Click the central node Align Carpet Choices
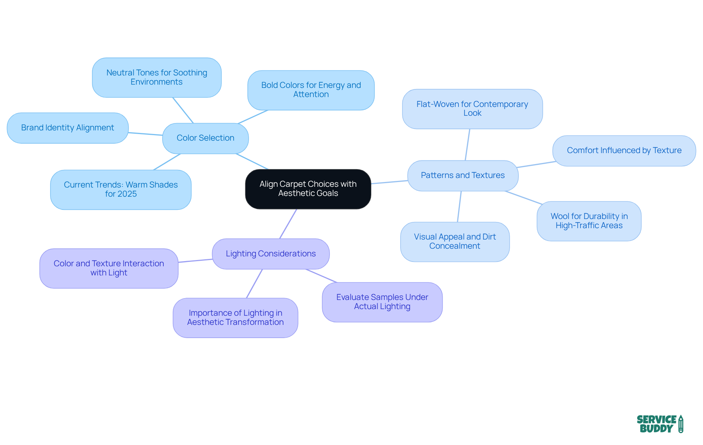coord(308,189)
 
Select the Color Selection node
coord(205,138)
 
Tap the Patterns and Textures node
coord(462,175)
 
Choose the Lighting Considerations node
coord(271,254)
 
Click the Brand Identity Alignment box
coord(67,128)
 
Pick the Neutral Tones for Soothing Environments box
coord(157,77)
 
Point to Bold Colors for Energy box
coord(311,90)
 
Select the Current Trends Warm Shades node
coord(121,189)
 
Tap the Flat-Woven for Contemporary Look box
coord(472,109)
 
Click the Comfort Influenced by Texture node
coord(624,151)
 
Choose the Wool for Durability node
coord(589,221)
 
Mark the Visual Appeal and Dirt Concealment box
coord(455,241)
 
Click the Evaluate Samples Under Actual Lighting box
coord(382,302)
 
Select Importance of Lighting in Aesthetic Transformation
coord(235,318)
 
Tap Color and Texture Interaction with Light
coord(109,268)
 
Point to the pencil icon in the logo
coord(681,424)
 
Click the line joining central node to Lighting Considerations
coord(288,224)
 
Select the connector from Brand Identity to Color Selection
coord(145,134)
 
